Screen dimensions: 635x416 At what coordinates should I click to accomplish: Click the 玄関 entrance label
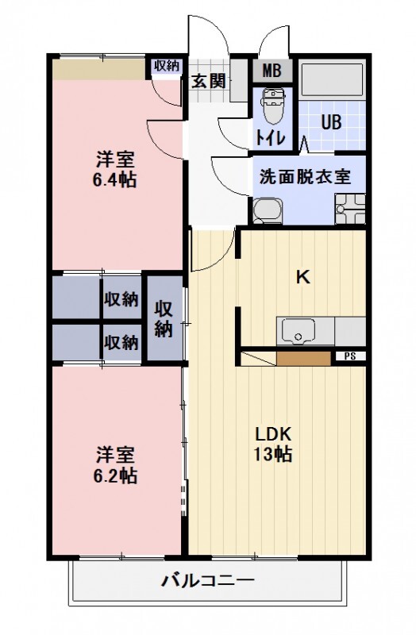click(x=208, y=79)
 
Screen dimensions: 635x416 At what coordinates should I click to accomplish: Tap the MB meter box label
click(x=272, y=70)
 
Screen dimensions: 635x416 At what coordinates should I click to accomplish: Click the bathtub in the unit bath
click(x=333, y=80)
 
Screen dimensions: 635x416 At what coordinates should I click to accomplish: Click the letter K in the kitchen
click(x=302, y=277)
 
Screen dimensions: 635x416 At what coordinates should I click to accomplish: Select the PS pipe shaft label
click(x=349, y=357)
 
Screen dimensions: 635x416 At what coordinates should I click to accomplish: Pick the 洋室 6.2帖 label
click(x=116, y=465)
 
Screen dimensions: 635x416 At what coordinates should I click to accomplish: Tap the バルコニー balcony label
click(x=208, y=581)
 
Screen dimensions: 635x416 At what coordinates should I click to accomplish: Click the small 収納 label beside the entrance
click(x=167, y=66)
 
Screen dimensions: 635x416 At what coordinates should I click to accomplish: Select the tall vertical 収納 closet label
click(x=164, y=317)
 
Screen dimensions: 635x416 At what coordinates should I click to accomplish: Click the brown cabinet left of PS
click(x=303, y=358)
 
